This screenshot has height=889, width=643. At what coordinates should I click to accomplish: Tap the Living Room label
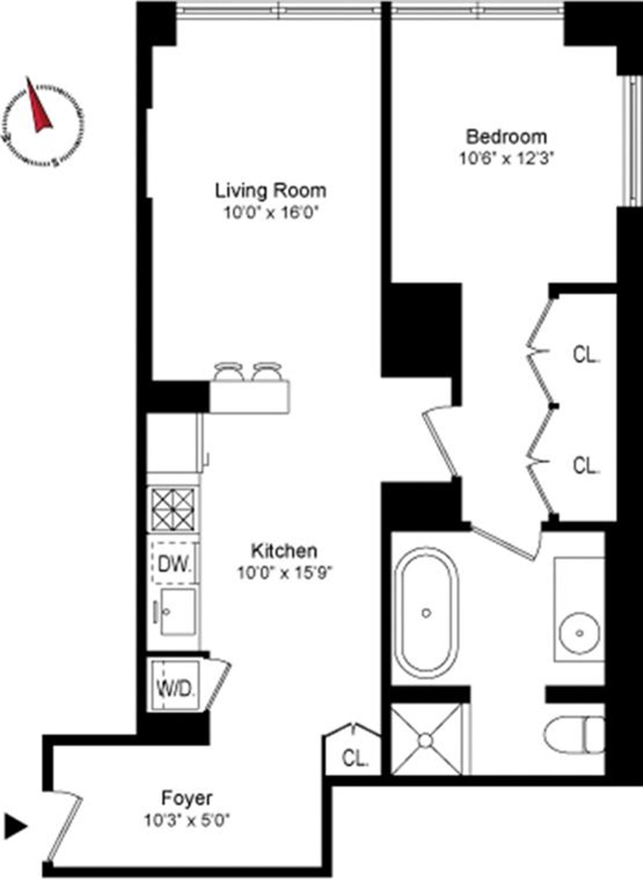[x=271, y=191]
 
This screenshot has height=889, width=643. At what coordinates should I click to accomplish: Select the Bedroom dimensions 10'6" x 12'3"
[x=506, y=159]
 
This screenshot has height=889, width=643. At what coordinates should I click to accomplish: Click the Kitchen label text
[x=285, y=551]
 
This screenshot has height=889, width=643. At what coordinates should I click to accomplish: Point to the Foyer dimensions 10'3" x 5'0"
[x=187, y=820]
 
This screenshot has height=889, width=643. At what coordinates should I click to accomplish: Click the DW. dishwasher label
[x=175, y=564]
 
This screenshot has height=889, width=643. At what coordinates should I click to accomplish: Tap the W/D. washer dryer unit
[x=174, y=687]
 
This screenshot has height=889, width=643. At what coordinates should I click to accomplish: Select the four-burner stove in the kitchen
[x=173, y=510]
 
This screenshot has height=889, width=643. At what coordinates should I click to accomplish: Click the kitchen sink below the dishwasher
[x=177, y=612]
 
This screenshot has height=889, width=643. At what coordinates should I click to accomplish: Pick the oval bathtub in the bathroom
[x=427, y=613]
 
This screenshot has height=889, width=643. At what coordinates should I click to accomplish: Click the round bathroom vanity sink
[x=580, y=632]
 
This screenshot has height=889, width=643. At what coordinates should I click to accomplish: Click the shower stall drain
[x=425, y=740]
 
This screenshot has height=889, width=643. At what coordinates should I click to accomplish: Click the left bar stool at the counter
[x=228, y=372]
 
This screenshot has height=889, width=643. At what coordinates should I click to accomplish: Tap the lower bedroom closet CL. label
[x=586, y=465]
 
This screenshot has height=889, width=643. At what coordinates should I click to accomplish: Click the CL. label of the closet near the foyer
[x=355, y=758]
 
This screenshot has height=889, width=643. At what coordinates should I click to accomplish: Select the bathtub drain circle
[x=427, y=613]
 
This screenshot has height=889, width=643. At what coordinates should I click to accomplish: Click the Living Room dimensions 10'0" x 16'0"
[x=271, y=214]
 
